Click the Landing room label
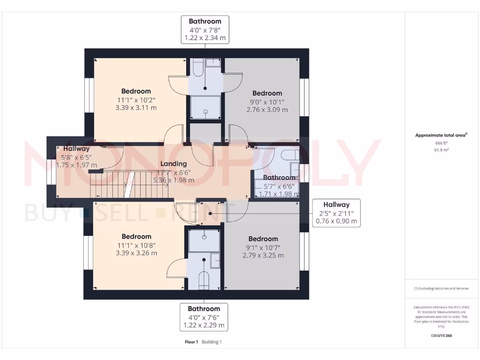(x=173, y=164)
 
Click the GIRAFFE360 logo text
(x=441, y=336)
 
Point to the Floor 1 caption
(x=191, y=342)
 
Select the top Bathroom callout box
(x=205, y=30)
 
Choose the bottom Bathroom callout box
(x=204, y=317)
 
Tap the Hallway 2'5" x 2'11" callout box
(x=336, y=213)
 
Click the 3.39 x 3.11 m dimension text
(x=136, y=107)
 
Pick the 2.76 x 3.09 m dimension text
(x=267, y=110)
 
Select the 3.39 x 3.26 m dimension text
(x=136, y=253)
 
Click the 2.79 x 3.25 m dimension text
(x=263, y=255)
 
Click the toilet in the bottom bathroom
(x=204, y=280)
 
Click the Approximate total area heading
(x=441, y=135)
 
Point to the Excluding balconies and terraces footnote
(x=441, y=288)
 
